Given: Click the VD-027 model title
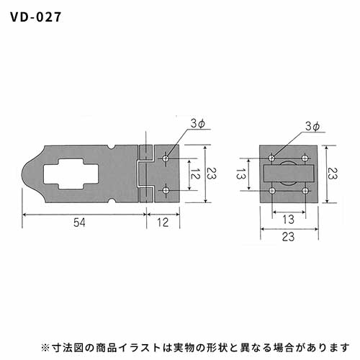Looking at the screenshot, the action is point(35,17).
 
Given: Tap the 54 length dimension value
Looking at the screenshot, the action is point(79,222).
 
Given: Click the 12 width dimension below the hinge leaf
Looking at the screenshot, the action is point(163,222).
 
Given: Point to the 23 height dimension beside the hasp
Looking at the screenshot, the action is point(212,174).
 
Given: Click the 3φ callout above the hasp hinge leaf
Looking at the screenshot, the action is point(197,124).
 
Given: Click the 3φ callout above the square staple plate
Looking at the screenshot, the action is point(312,127).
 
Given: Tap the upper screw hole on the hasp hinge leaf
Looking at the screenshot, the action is point(166,158).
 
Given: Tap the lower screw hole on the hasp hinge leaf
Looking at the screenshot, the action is point(166,191).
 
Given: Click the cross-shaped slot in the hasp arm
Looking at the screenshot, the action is point(71,174).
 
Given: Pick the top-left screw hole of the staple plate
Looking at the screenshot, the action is point(272,158).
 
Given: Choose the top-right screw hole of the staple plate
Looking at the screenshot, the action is point(305,158).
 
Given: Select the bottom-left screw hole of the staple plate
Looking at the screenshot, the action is point(272,191).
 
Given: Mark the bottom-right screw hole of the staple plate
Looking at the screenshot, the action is point(305,191).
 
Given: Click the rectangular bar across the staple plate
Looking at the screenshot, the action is point(289,174).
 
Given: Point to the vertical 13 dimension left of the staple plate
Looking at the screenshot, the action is point(240,174).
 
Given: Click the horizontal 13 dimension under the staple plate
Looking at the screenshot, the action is point(288,220).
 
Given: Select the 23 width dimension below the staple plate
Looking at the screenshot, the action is point(288,237).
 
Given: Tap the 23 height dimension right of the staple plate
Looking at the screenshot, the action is point(333,174).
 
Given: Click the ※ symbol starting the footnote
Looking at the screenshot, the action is point(45,347).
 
